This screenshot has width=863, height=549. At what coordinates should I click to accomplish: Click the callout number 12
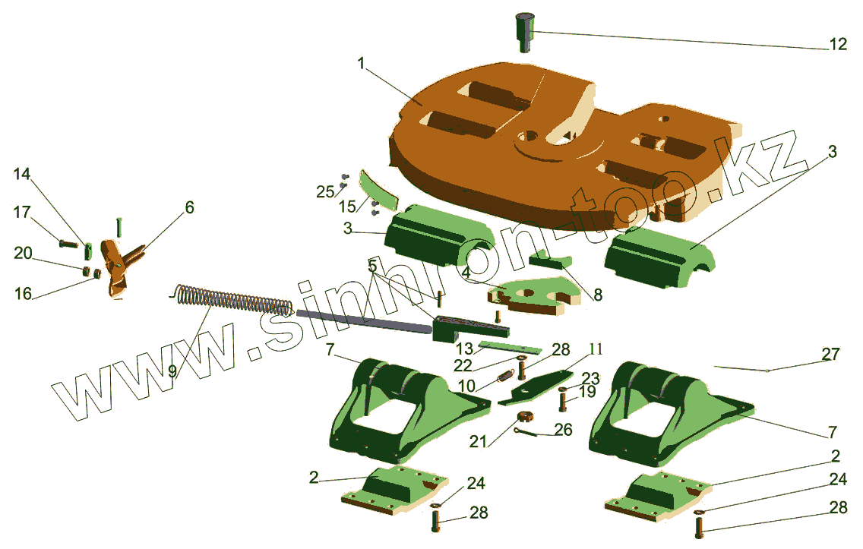tap(838, 43)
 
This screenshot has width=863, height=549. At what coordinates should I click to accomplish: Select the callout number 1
tap(361, 64)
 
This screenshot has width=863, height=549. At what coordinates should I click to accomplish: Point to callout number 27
tap(830, 355)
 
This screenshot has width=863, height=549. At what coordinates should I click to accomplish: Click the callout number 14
tap(21, 174)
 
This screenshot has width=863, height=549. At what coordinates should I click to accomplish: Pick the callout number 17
tap(22, 212)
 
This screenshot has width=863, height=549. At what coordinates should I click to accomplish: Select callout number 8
tap(598, 295)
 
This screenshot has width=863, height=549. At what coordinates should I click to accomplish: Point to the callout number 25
tap(325, 191)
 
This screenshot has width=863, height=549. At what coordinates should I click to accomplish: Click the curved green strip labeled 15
tap(378, 189)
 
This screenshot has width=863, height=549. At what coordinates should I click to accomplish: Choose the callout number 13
tap(464, 349)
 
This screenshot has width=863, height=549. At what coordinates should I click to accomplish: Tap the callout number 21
tap(479, 441)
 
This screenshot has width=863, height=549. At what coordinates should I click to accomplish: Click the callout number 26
tap(563, 429)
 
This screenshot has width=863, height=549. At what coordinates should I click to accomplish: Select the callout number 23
tap(590, 378)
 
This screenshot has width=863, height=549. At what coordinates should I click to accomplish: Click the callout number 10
tap(466, 386)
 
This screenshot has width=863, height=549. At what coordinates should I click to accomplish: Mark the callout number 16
tap(23, 293)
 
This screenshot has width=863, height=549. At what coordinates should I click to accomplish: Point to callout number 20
tap(23, 253)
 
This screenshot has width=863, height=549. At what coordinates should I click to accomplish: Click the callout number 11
tap(596, 349)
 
